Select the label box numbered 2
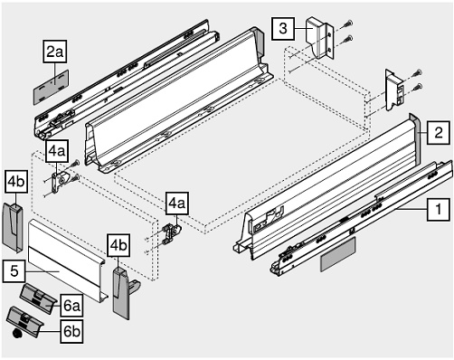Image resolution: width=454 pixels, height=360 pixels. coord(436,133)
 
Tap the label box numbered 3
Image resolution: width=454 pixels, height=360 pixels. coord(283,29)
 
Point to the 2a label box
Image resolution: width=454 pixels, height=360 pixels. coord(56,52)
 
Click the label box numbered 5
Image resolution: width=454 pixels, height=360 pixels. coord(14,268)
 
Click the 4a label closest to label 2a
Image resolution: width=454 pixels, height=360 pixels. coord(56,150)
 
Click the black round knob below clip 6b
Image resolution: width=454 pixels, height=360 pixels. coord(16,334)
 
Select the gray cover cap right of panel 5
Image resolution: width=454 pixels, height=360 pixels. coord(122,288)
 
